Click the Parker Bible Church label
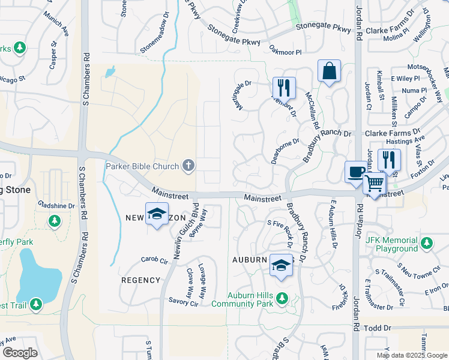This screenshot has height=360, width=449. click(143, 166)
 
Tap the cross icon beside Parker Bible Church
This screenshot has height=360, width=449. click(189, 166)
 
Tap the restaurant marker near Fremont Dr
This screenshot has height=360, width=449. click(284, 88)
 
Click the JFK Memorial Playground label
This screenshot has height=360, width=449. click(392, 244)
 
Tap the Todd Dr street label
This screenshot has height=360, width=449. click(378, 328)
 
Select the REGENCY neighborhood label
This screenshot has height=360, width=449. click(141, 280)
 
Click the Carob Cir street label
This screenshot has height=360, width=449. click(154, 260)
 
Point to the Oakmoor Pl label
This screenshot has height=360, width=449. click(285, 52)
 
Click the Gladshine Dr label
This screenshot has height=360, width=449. click(55, 205)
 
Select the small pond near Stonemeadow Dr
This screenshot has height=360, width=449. click(109, 73)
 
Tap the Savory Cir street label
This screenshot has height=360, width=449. click(183, 302)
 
